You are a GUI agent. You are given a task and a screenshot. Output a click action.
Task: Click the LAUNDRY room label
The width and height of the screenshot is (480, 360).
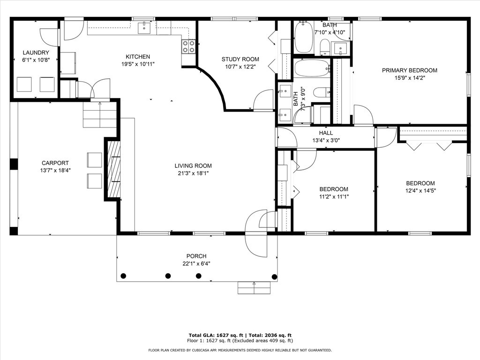(x=36, y=52)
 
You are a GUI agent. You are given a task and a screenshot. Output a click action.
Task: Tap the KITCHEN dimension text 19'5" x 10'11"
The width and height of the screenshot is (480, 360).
(x=138, y=64)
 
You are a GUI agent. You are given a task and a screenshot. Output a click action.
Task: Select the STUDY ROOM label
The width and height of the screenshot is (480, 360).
(x=240, y=59)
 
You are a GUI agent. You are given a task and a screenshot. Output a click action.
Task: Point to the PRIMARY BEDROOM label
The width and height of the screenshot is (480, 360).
(x=410, y=70)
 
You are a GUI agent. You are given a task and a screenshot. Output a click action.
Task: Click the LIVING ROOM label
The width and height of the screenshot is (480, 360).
(x=193, y=166)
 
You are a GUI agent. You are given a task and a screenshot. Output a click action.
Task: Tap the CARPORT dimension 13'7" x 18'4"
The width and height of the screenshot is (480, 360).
(x=55, y=171)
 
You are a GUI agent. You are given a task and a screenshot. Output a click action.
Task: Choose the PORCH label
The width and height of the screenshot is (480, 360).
(x=196, y=256)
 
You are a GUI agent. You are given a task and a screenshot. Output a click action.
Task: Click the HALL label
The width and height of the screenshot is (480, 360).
(x=326, y=133)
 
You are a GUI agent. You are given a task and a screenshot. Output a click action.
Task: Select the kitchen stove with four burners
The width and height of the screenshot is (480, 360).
(x=188, y=46)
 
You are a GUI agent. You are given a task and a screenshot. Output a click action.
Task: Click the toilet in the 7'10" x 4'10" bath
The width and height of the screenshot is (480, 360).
(x=324, y=47)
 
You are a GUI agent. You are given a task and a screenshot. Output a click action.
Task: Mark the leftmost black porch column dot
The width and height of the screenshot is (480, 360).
(x=123, y=276)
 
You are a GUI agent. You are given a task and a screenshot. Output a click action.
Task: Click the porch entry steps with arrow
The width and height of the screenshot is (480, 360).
(x=254, y=288)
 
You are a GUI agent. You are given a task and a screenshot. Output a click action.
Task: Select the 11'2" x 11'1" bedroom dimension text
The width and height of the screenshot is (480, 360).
(x=334, y=196)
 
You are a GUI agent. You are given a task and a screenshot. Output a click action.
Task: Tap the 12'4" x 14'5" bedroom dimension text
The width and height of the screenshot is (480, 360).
(x=420, y=191)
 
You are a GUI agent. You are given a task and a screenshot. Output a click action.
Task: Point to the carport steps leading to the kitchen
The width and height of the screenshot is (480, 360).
(x=100, y=114)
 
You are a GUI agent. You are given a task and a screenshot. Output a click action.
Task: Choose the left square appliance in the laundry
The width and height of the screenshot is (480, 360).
(x=24, y=84)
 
